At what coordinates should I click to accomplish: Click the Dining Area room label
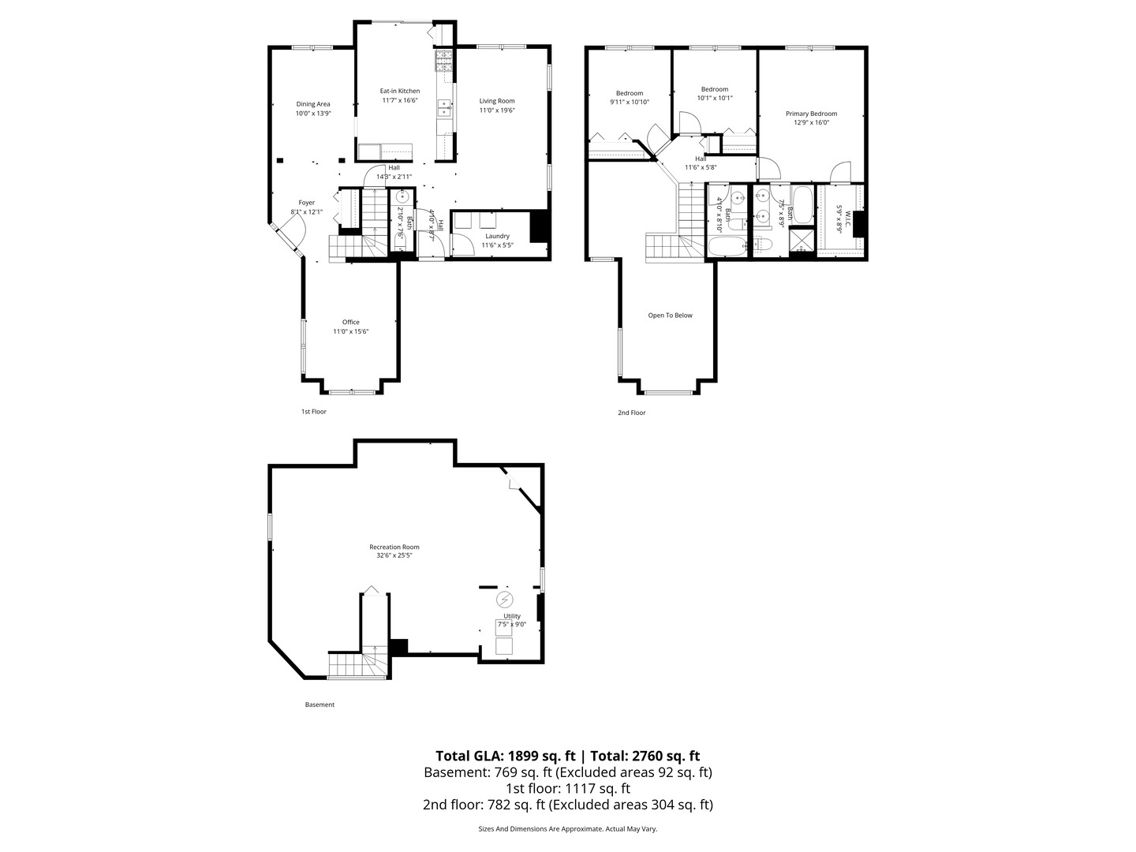pos(313,104)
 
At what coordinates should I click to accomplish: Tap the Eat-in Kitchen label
pos(400,91)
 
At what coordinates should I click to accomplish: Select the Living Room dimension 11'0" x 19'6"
pos(497,110)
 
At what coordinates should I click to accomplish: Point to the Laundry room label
pos(497,236)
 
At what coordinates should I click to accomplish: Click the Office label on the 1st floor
pos(351,322)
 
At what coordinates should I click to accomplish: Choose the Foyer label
pos(306,203)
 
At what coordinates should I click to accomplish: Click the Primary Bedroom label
pos(811,114)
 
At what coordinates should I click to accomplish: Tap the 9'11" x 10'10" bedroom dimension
pos(630,103)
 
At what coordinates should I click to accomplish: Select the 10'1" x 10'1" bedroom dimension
pos(715,99)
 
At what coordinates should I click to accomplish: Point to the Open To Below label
pos(670,316)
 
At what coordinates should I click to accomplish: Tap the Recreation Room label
pos(394,547)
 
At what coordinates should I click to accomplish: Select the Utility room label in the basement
pos(512,616)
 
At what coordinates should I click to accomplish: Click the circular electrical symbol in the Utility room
pos(505,600)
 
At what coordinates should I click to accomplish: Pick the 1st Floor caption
pos(313,412)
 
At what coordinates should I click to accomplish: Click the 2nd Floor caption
pos(632,413)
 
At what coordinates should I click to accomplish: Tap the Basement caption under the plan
pos(319,704)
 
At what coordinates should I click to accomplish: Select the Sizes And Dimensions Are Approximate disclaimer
pos(567,829)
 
